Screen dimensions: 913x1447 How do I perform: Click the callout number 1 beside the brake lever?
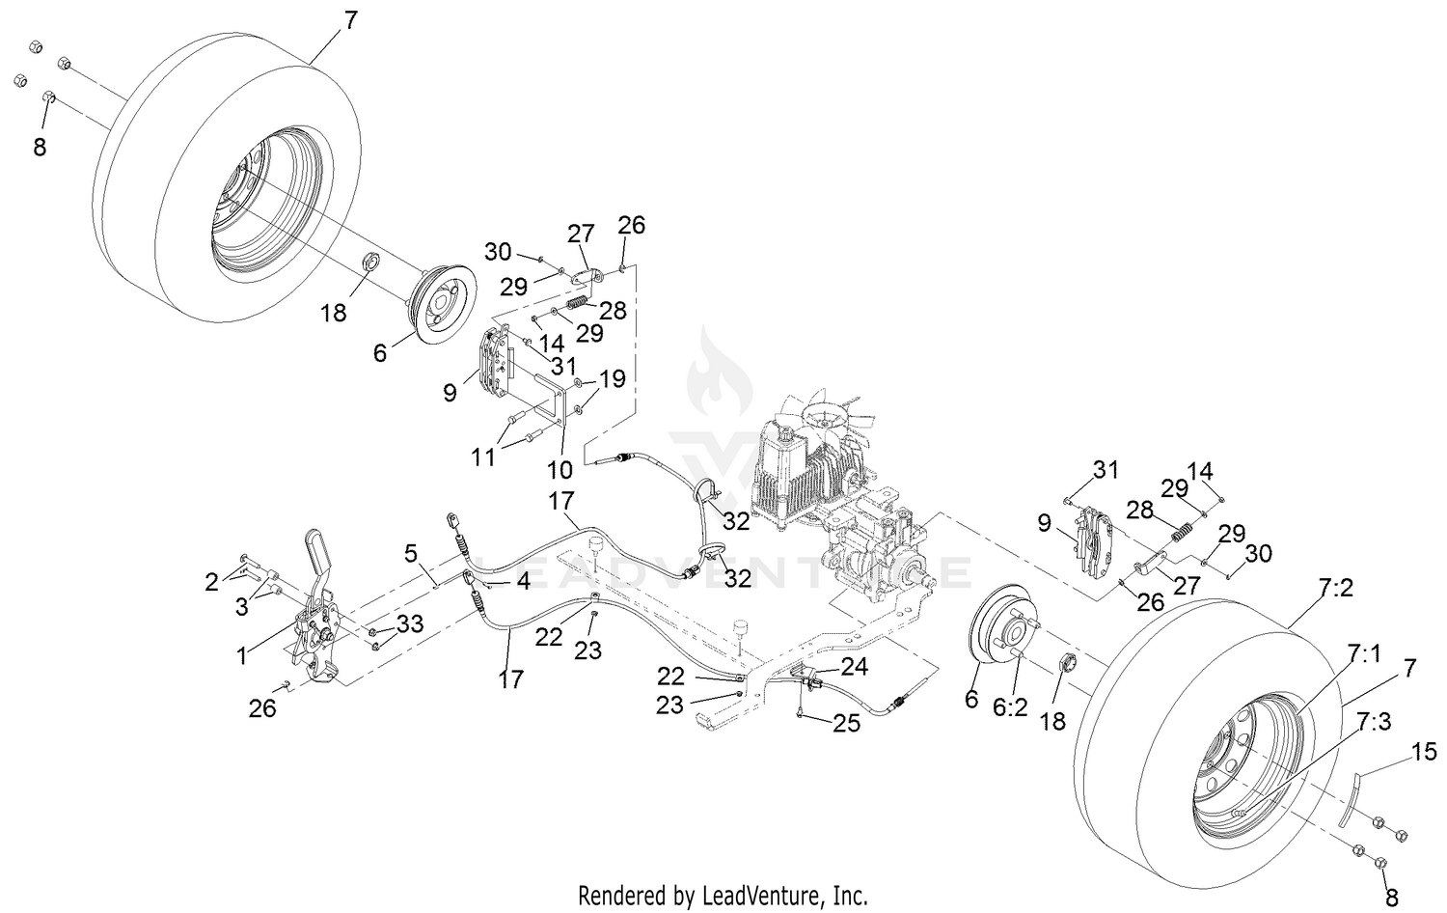tap(242, 656)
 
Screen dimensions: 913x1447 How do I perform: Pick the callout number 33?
tap(409, 623)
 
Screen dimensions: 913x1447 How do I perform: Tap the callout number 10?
tap(560, 469)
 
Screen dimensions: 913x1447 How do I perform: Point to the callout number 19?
tap(613, 377)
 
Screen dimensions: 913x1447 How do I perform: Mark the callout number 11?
tap(483, 456)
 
